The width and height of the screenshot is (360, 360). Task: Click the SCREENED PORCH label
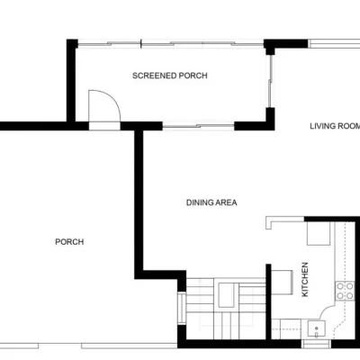click(170, 76)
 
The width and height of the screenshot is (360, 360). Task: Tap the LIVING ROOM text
click(335, 126)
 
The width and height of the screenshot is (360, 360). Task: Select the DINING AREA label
click(211, 202)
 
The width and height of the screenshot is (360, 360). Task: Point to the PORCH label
click(69, 242)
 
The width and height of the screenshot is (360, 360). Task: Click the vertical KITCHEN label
click(305, 280)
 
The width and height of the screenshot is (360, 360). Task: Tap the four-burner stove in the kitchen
click(345, 291)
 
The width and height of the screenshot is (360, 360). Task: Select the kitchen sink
click(316, 329)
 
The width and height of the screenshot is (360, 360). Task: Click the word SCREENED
click(154, 76)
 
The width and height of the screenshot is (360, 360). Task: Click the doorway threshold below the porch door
click(104, 126)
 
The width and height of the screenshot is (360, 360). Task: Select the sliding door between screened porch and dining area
click(198, 127)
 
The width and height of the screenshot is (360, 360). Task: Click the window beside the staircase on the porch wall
click(182, 308)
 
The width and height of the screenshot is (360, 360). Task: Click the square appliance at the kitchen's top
click(319, 233)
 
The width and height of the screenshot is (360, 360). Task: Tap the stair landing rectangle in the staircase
click(226, 295)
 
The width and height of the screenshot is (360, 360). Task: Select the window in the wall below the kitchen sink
click(316, 344)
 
